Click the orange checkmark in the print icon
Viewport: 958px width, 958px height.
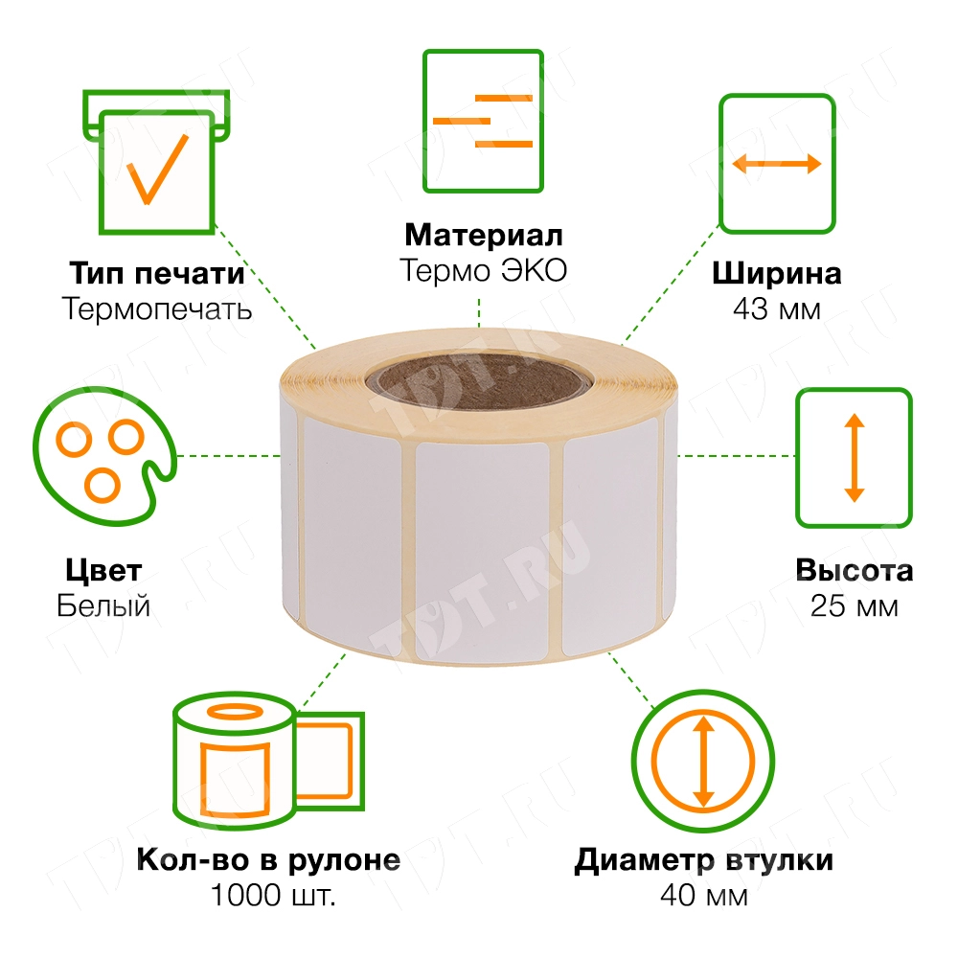click(x=157, y=168)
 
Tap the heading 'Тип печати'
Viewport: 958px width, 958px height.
click(x=156, y=274)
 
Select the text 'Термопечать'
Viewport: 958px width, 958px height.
click(x=156, y=308)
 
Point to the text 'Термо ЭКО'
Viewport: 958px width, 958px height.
click(x=483, y=271)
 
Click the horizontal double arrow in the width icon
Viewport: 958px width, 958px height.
click(x=777, y=164)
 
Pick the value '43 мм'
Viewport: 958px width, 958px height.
click(x=777, y=309)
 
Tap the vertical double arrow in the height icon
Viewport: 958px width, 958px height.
click(x=854, y=457)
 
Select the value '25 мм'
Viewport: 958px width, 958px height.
click(x=854, y=606)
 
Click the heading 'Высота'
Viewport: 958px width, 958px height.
click(x=854, y=572)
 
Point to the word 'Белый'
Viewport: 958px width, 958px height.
click(x=103, y=606)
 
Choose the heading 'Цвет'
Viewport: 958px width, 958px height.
click(x=103, y=572)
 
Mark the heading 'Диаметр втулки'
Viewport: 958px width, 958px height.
click(x=704, y=860)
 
